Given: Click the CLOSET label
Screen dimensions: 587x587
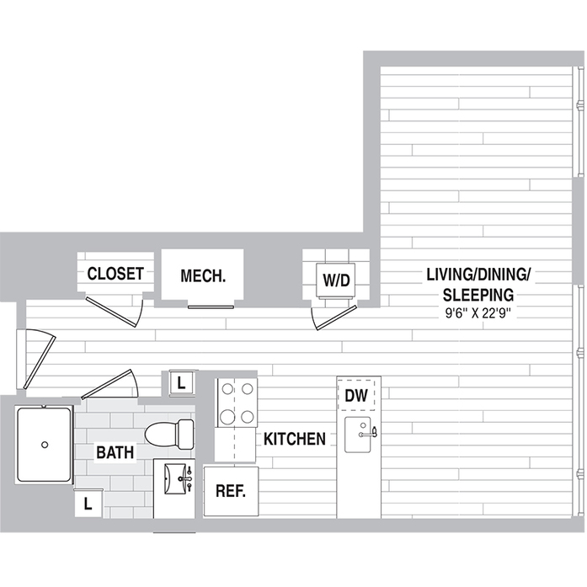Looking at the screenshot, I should point(116,274).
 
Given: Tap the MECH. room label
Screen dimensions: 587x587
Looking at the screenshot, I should point(203,275).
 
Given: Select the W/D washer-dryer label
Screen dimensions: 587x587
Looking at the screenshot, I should point(336,280).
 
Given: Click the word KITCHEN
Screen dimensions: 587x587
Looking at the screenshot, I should point(295,439).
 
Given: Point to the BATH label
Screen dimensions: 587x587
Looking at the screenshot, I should point(115,452).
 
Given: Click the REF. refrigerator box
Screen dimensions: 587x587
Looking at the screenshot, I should point(230,490).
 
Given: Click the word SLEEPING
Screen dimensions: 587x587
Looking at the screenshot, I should point(478,294).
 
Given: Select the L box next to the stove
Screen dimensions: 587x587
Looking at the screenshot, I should point(182,382).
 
